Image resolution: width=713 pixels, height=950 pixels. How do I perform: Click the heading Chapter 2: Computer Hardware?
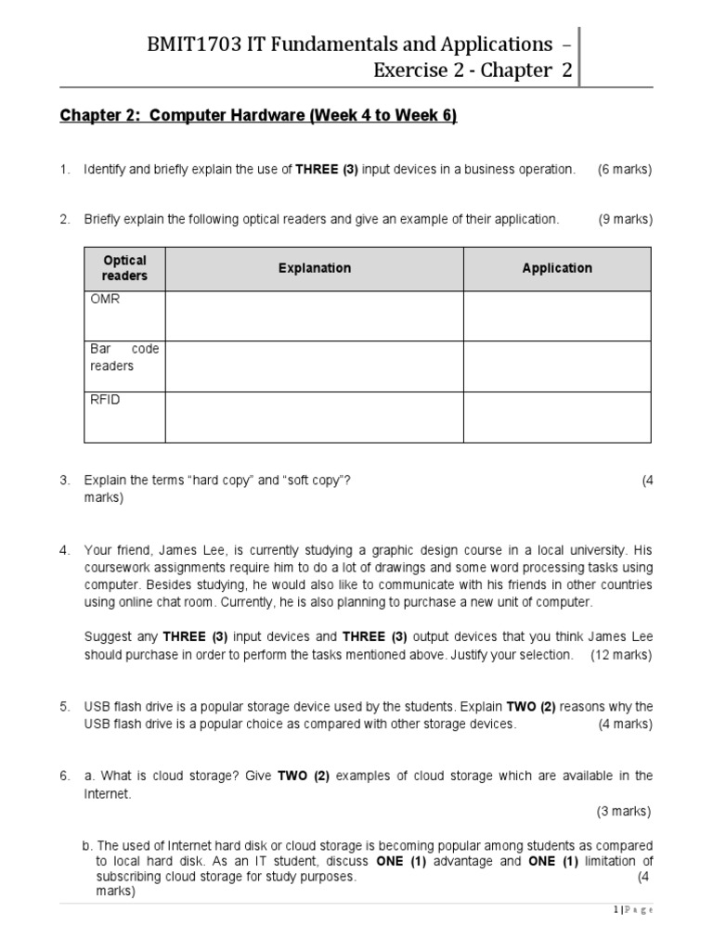click(258, 116)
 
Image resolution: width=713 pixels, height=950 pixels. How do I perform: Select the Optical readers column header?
click(124, 268)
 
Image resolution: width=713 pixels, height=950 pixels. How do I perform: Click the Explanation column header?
click(314, 268)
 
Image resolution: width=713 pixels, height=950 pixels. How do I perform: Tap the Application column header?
click(557, 268)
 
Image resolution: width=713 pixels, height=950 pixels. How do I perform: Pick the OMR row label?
click(105, 300)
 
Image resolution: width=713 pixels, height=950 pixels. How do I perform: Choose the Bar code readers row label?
click(124, 357)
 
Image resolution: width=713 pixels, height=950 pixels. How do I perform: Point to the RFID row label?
click(105, 400)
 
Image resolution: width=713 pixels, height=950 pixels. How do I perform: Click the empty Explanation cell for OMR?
click(314, 315)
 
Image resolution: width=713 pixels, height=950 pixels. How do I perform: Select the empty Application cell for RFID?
click(557, 417)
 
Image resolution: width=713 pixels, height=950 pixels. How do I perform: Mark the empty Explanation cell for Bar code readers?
click(314, 366)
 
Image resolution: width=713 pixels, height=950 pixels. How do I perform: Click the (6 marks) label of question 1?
click(625, 169)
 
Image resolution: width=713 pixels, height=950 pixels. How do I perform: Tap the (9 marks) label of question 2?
click(625, 219)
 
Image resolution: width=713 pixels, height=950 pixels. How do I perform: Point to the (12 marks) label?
click(621, 655)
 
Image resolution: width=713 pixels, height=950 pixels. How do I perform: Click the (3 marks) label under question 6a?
click(624, 811)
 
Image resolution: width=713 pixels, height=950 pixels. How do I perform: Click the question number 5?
click(64, 706)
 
